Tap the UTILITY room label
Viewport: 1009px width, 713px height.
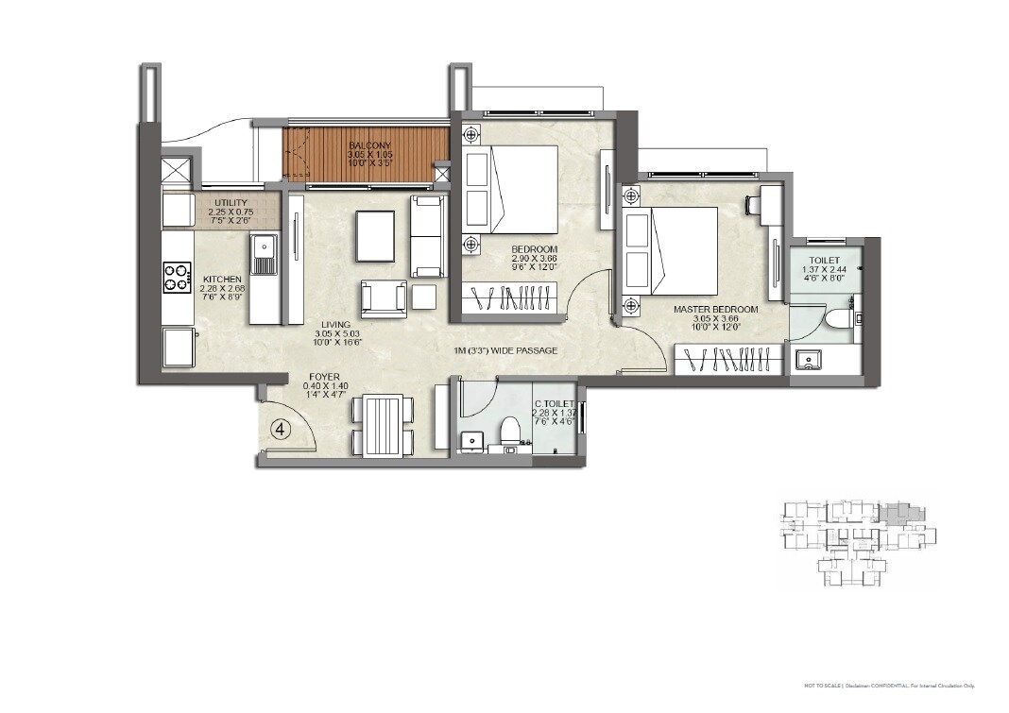pyautogui.click(x=231, y=203)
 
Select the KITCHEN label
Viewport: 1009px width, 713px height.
pyautogui.click(x=223, y=280)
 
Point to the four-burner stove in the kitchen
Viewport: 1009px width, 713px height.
pyautogui.click(x=177, y=278)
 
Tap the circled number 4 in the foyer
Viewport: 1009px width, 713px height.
pyautogui.click(x=281, y=428)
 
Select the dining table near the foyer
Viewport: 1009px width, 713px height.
pyautogui.click(x=382, y=426)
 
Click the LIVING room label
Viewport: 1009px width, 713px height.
pyautogui.click(x=335, y=325)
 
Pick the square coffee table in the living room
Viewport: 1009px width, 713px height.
pyautogui.click(x=376, y=234)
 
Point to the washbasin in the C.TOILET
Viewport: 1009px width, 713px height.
pyautogui.click(x=472, y=440)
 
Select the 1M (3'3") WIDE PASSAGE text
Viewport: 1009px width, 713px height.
pyautogui.click(x=505, y=351)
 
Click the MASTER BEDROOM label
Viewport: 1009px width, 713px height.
pyautogui.click(x=715, y=309)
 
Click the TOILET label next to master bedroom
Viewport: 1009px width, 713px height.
pyautogui.click(x=824, y=259)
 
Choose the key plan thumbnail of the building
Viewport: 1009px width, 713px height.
pyautogui.click(x=857, y=543)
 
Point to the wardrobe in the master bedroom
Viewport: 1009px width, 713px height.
pyautogui.click(x=728, y=360)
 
